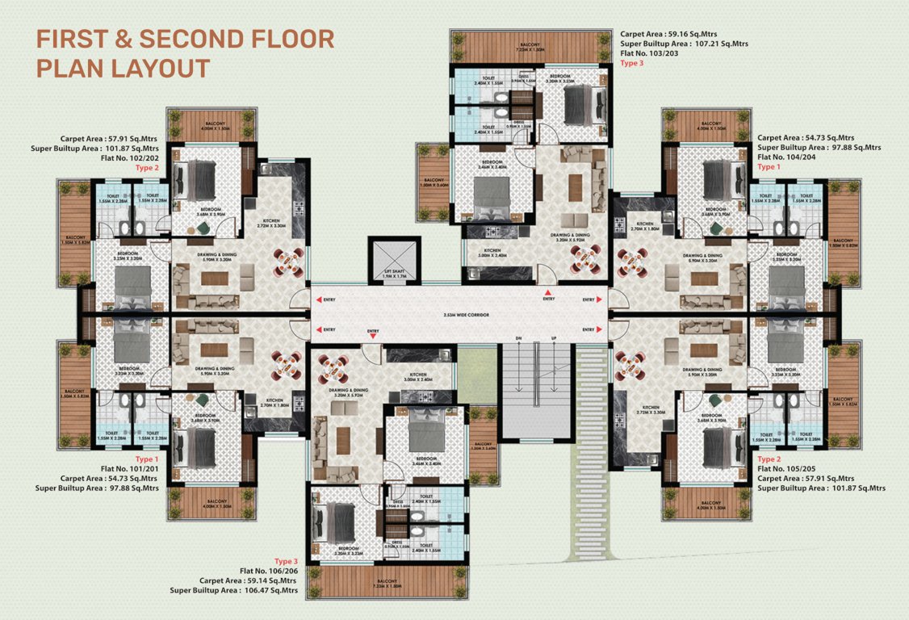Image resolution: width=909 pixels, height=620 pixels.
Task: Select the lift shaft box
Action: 394,260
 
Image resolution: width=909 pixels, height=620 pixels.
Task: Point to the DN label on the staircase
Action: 519,337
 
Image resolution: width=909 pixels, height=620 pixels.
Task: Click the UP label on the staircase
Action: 554,337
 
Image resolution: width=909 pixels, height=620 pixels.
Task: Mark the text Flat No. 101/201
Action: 126,468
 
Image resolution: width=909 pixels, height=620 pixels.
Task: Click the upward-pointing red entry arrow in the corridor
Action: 549,291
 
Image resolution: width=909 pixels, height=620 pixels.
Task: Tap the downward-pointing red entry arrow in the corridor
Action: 373,337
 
